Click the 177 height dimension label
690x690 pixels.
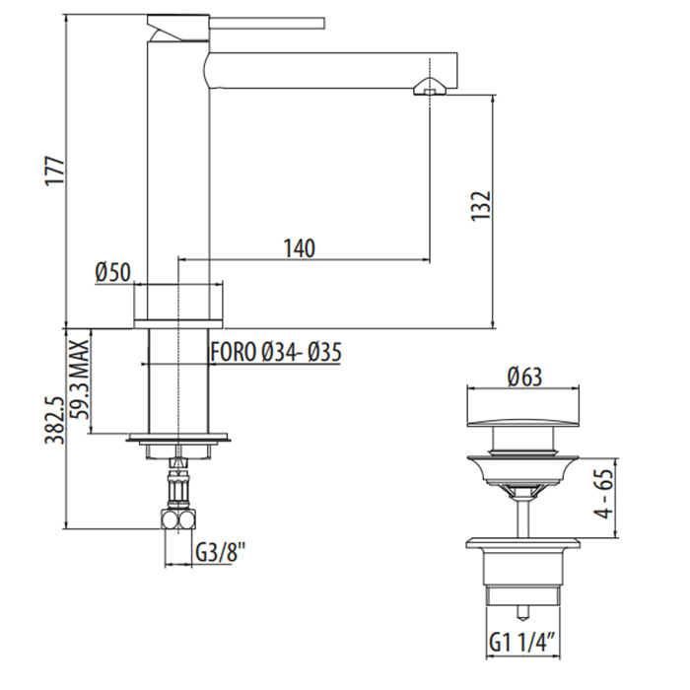tap(56, 171)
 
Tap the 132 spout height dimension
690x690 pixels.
tap(481, 206)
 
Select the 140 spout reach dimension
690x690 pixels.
tap(300, 248)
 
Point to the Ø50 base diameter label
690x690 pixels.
tap(113, 272)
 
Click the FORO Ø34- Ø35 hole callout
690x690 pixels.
tap(276, 352)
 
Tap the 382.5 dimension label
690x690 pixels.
tap(56, 421)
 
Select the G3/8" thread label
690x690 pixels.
tap(220, 552)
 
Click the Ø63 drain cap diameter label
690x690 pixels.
tap(524, 378)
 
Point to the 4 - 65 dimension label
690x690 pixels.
tap(605, 493)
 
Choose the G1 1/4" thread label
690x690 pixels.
tap(520, 644)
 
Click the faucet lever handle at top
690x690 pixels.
tap(267, 24)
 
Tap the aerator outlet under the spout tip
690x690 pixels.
tap(430, 87)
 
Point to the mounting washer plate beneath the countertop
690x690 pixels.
tap(178, 438)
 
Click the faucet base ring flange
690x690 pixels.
tap(177, 323)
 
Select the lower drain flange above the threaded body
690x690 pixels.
tap(522, 542)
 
